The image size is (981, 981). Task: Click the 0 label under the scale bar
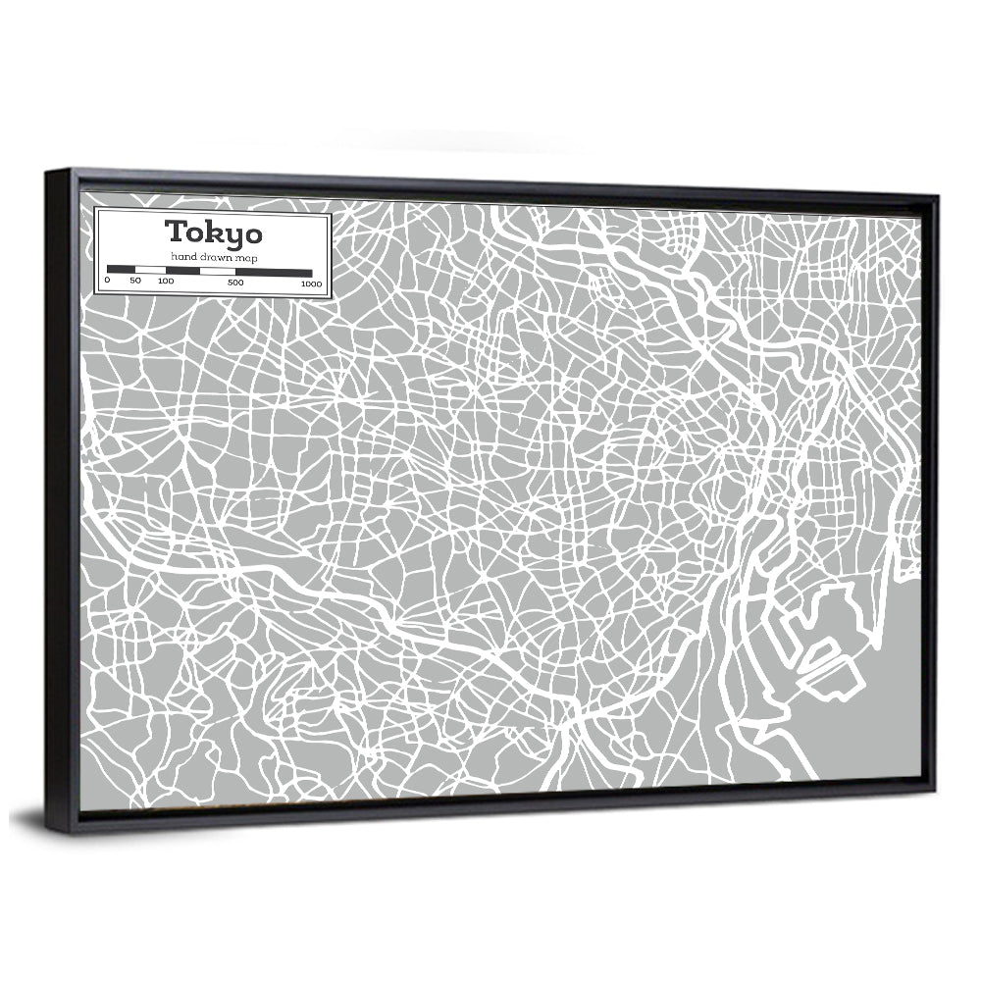[x=107, y=282]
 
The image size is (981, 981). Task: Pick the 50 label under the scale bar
[x=135, y=282]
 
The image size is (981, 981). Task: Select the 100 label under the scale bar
[x=165, y=282]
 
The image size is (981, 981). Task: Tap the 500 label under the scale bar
[x=235, y=283]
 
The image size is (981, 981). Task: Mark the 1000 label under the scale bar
[x=311, y=284]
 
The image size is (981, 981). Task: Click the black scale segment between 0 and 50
[x=121, y=269]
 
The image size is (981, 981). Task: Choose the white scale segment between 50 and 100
[x=150, y=269]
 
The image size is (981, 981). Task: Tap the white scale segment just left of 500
[x=217, y=271]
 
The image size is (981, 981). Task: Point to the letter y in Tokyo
[x=232, y=236]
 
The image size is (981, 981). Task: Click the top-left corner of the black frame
[x=47, y=173]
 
